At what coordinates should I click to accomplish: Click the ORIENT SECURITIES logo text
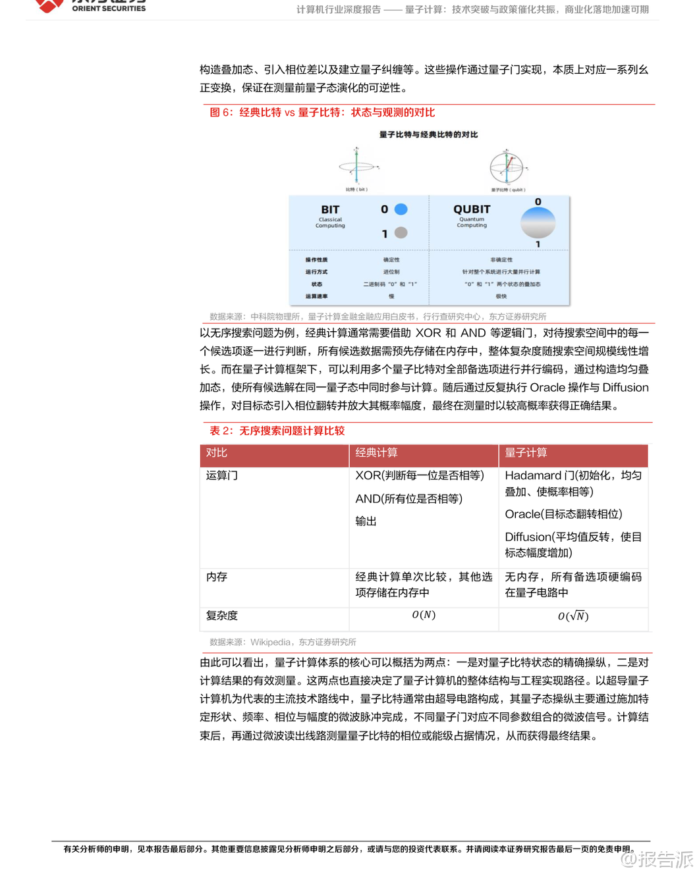pos(109,9)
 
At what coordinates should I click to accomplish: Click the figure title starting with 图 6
pos(322,113)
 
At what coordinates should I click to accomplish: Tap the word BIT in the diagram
pos(330,209)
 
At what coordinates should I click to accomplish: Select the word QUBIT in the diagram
pos(472,209)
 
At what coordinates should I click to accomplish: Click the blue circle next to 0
pos(401,209)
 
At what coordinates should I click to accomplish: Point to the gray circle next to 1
pos(401,232)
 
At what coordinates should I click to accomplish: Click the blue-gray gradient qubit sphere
pos(538,223)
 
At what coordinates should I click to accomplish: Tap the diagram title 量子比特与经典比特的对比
pos(428,134)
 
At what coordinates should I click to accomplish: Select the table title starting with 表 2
pos(277,431)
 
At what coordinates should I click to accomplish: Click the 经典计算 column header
pos(376,453)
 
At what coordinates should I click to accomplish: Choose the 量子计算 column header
pos(526,453)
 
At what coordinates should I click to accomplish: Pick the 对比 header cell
pos(216,453)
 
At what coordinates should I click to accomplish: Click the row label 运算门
pos(222,475)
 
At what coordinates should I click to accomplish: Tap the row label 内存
pos(217,577)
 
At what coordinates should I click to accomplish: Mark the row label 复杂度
pos(222,616)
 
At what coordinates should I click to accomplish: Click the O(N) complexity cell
pos(424,615)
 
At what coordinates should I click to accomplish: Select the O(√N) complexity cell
pos(573,616)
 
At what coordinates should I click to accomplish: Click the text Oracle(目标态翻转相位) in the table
pos(563,514)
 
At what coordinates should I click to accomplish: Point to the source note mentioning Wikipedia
pos(283,642)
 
